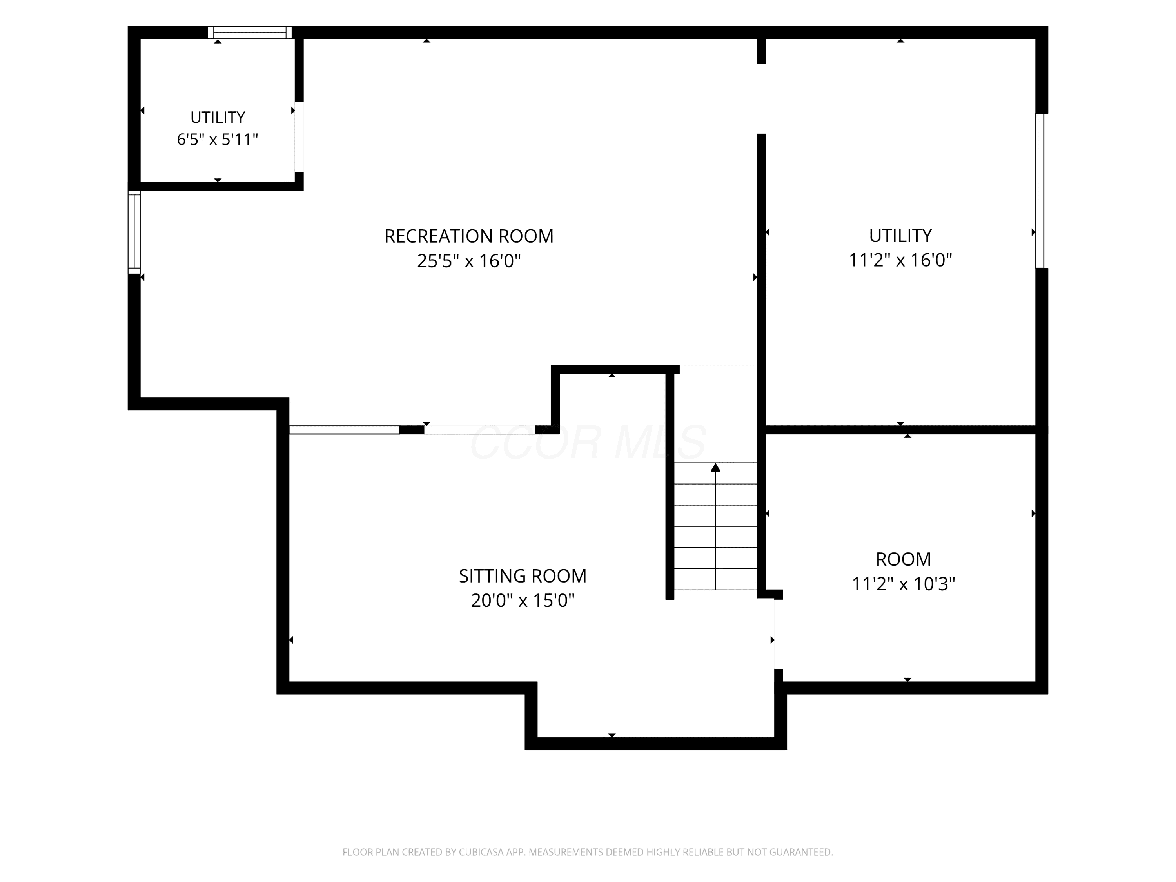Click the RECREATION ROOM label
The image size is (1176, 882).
pos(469,236)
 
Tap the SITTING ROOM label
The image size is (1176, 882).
pos(523,576)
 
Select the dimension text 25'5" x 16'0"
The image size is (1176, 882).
pos(469,261)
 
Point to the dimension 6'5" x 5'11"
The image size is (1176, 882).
pos(218,139)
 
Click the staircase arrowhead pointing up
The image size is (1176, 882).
pos(715,467)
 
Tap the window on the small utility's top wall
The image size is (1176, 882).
pos(250,33)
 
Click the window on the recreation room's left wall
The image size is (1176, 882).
pos(134,232)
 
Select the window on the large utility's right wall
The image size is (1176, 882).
pos(1040,191)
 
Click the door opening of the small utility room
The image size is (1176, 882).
pos(299,137)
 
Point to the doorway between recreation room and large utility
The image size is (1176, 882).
pos(761,98)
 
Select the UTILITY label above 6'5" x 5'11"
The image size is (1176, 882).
pos(218,117)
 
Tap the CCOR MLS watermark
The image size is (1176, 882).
pos(588,442)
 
